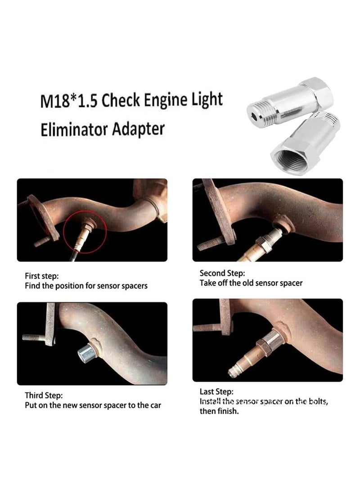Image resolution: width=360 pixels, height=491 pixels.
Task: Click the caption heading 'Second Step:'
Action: coord(222,273)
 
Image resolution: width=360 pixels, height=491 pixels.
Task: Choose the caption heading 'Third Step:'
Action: coord(44,396)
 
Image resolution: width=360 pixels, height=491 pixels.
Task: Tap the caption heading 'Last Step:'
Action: coord(216,392)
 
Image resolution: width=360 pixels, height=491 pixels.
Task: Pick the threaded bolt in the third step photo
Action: coord(34,337)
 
